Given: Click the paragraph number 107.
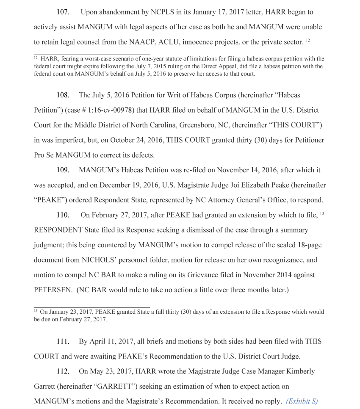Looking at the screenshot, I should (63, 12).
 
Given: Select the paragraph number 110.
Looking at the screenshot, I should (63, 215).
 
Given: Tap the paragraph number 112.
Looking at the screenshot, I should (63, 371).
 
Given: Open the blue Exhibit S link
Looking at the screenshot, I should (302, 401).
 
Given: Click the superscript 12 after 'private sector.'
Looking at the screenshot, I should (308, 40).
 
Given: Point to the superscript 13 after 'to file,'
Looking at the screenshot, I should (322, 213).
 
